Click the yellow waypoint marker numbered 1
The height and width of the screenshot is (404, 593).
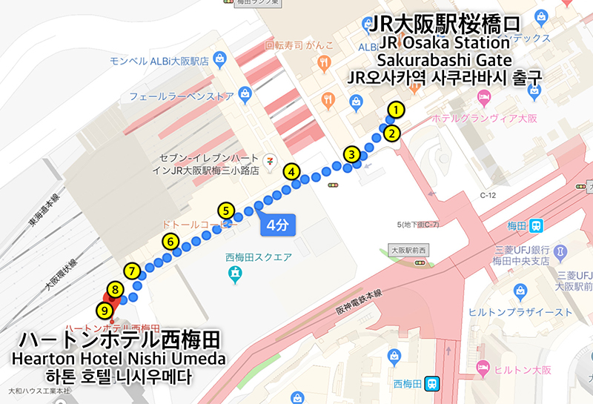coord(397,110)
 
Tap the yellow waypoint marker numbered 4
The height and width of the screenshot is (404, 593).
coord(293,171)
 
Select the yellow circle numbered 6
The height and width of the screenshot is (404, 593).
coord(170,241)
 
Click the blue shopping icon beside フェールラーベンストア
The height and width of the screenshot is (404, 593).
coord(246,96)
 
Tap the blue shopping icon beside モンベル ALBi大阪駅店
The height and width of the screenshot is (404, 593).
coord(219,58)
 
